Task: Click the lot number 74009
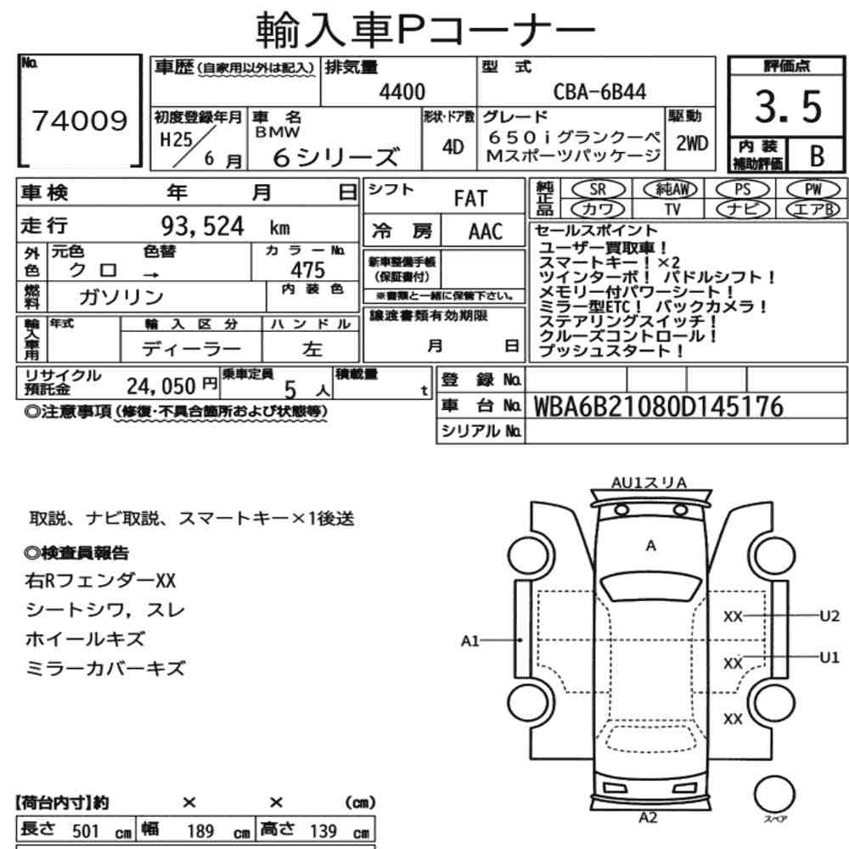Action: point(80,121)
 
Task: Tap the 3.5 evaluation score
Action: point(789,106)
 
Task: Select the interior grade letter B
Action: point(817,156)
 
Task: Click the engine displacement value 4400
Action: point(402,92)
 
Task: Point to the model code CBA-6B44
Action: point(599,92)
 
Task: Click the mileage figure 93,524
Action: point(203,227)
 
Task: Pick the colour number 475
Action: point(307,270)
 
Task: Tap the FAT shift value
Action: point(470,199)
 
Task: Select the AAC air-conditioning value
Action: point(486,232)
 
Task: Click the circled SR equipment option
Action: point(598,189)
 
